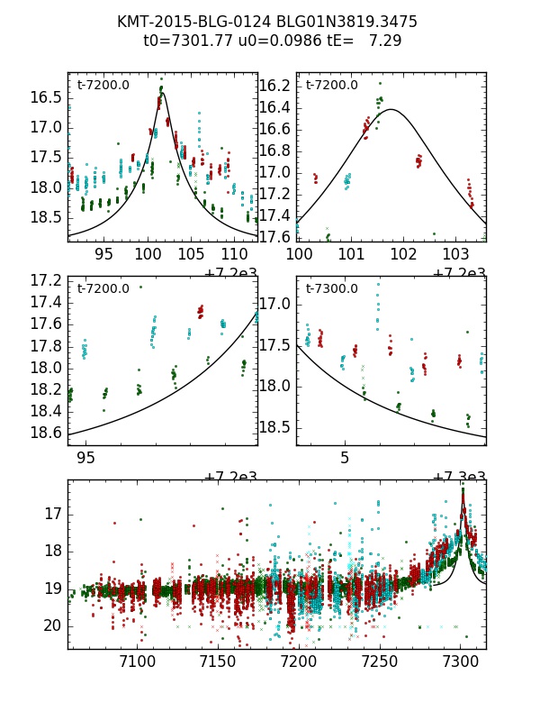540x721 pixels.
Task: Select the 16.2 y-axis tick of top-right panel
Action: (274, 86)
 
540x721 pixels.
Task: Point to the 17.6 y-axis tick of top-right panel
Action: (274, 237)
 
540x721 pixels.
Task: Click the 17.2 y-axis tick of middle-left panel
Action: (45, 280)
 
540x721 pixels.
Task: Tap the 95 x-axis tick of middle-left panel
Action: (86, 458)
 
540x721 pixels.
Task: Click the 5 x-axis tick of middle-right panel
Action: (345, 458)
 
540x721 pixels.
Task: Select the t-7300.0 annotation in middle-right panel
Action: (332, 289)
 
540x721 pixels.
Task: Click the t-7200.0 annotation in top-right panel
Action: (332, 86)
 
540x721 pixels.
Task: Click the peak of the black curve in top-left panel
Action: (163, 93)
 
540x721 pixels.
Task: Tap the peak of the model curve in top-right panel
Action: (391, 109)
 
